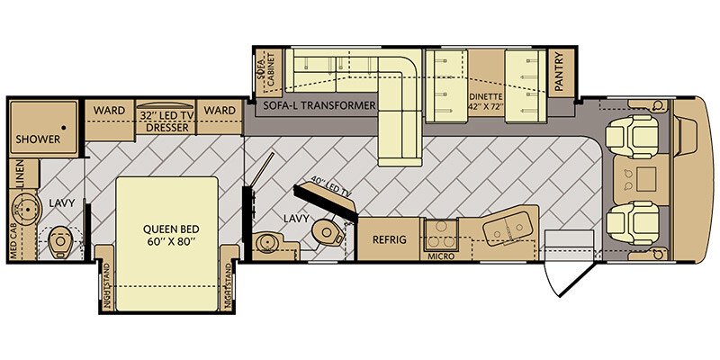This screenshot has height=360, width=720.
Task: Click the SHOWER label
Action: point(37,139)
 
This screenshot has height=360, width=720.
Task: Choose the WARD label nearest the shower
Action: point(110,111)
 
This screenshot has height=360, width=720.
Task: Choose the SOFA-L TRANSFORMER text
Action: point(319,106)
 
